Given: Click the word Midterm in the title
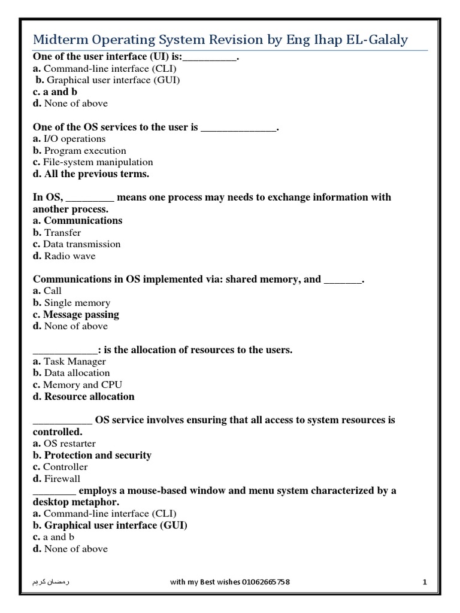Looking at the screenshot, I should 59,40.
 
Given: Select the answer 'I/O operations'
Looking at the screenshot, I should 75,139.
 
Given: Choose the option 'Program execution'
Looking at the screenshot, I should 85,151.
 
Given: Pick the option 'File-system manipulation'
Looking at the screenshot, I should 98,162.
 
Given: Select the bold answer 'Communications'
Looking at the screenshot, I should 83,220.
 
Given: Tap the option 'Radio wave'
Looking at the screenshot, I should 69,256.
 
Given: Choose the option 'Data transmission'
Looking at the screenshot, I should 82,244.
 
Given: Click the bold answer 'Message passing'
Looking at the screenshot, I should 81,314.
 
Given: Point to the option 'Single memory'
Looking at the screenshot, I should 77,303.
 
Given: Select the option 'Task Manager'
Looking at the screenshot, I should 75,362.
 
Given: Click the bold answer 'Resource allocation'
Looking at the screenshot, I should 89,396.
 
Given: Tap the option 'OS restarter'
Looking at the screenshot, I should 69,444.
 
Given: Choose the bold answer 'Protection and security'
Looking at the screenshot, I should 98,455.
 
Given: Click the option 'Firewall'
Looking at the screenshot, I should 62,479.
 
